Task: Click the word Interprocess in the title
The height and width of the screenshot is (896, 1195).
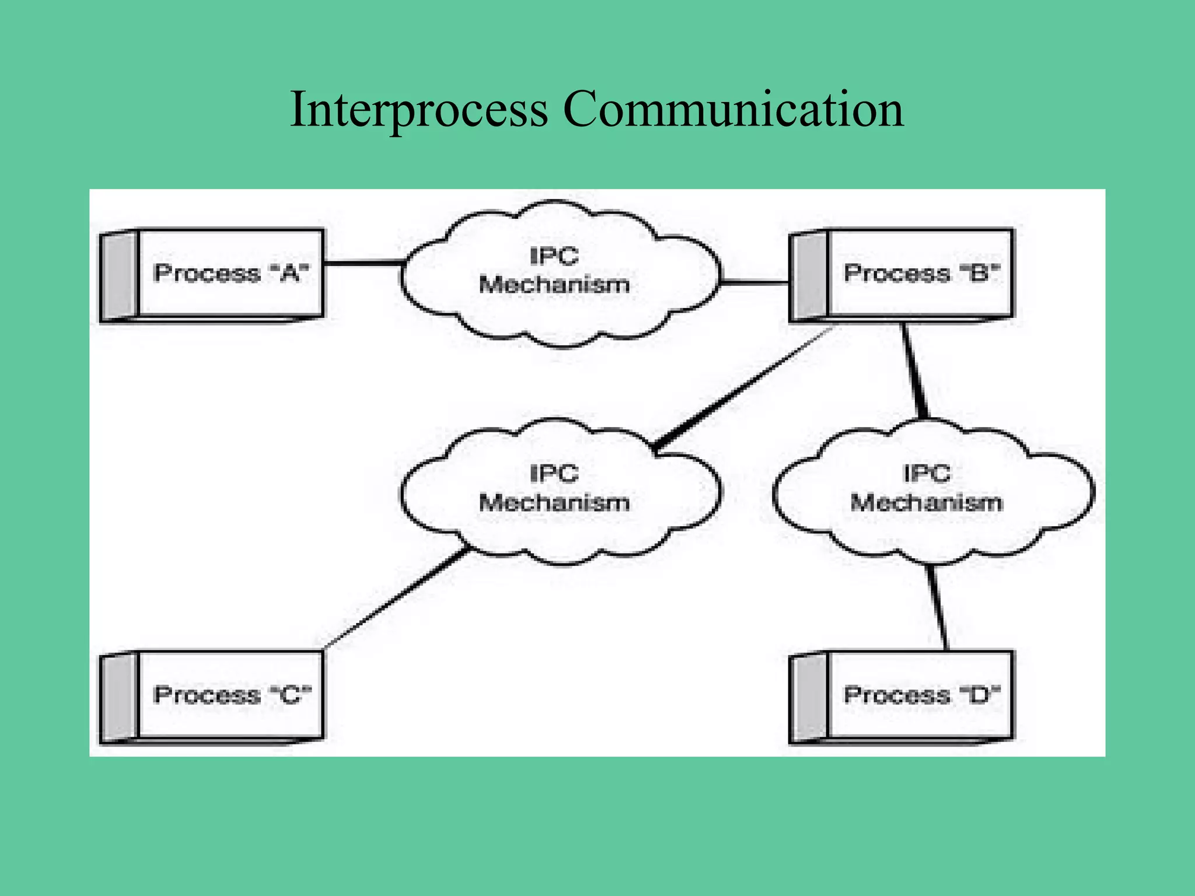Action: tap(418, 109)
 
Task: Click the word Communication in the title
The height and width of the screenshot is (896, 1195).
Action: tap(733, 109)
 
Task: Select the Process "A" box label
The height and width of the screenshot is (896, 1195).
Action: tap(230, 273)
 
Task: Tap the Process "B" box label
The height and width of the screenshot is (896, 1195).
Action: tap(921, 273)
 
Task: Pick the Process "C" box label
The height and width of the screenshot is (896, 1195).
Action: tap(232, 695)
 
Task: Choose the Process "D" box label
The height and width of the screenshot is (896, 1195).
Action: tap(921, 695)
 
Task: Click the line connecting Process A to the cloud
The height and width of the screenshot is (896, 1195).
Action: tap(363, 264)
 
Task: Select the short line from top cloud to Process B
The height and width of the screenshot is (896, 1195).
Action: tap(754, 283)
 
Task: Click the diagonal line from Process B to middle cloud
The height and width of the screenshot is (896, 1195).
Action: tap(741, 390)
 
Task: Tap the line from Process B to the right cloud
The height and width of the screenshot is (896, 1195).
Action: tap(914, 370)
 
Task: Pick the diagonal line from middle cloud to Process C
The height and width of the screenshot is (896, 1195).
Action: tap(397, 598)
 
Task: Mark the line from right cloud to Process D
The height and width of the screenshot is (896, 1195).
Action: tap(937, 607)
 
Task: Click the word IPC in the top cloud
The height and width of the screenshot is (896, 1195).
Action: tap(554, 256)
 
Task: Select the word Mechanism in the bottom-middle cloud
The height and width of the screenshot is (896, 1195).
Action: tap(554, 502)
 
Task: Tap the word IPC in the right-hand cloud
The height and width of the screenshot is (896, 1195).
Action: tap(926, 473)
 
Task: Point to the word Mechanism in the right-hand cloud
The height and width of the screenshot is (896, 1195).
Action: tap(926, 502)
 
